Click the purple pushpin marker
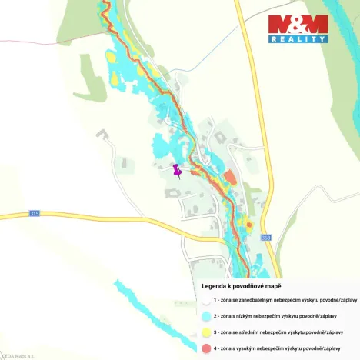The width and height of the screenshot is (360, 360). click(177, 170)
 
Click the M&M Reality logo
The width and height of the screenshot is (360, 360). click(298, 28)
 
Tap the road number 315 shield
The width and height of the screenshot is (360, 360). click(34, 212)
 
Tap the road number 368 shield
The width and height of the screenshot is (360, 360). click(266, 237)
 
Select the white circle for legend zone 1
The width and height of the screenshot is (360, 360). click(206, 301)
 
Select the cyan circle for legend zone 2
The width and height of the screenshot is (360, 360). click(206, 316)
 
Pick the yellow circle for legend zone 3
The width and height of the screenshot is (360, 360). click(206, 332)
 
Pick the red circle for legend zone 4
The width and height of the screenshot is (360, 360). click(206, 348)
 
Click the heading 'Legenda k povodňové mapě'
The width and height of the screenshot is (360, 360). click(241, 286)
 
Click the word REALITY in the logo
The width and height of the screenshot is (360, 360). click(298, 38)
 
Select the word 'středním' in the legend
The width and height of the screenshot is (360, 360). click(262, 332)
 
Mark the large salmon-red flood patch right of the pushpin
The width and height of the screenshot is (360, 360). click(229, 177)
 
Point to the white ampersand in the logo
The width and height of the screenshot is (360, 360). click(298, 23)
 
